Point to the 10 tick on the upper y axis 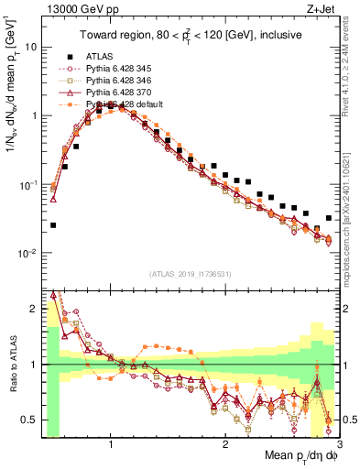coord(31,46)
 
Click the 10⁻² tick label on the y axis coord(27,253)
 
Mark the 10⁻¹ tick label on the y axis coord(27,184)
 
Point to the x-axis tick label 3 coord(338,445)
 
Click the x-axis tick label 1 coord(111,445)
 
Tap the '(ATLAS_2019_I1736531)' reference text coord(189,275)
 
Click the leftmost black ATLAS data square coord(53,224)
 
